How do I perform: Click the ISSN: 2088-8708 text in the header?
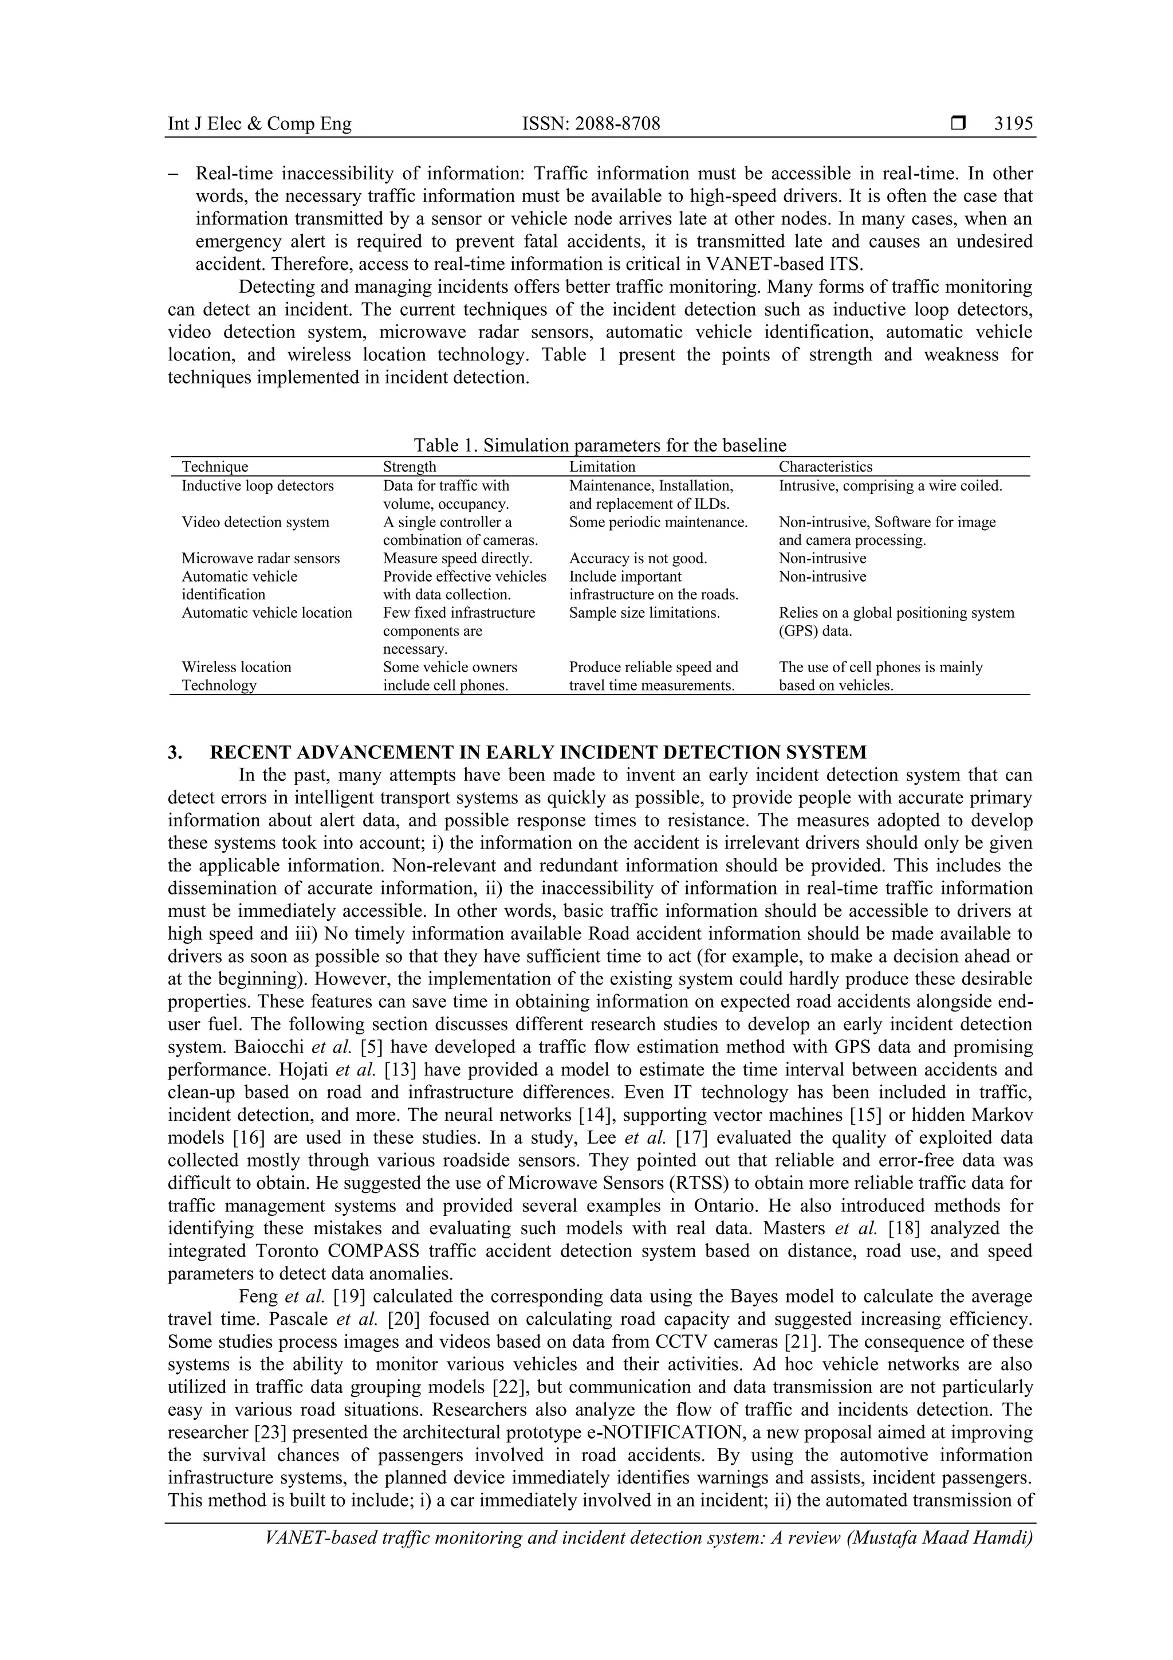(591, 124)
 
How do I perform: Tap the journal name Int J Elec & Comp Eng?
(259, 124)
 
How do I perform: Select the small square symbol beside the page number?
(958, 124)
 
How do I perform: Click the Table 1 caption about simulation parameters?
(600, 445)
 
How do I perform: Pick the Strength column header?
(409, 467)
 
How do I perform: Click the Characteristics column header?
(825, 467)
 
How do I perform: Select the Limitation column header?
(602, 467)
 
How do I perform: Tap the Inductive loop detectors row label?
(257, 486)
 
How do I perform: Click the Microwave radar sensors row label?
(260, 558)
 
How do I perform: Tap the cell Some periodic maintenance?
(658, 522)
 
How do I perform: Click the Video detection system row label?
(255, 522)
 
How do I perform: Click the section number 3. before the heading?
(175, 752)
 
